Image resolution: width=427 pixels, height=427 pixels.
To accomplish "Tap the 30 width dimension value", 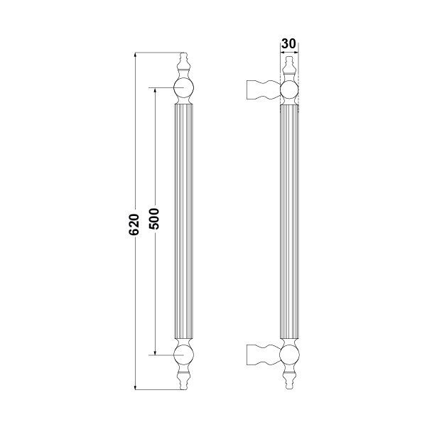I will (x=288, y=43).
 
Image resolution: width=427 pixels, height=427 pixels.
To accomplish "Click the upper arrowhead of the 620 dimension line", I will (x=136, y=55).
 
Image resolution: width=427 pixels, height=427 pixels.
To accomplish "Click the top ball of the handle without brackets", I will (x=183, y=89).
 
